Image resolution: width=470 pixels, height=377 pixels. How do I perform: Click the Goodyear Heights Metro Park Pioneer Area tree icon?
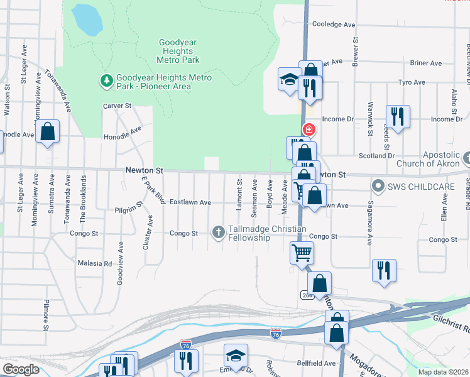[x=106, y=80]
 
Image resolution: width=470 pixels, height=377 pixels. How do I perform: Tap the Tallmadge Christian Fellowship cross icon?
[x=219, y=232]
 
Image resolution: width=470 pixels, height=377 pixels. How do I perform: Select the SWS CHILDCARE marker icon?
[x=378, y=186]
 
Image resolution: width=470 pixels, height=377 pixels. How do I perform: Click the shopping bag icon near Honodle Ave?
[x=47, y=131]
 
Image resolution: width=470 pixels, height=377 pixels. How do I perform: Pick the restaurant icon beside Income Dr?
[x=398, y=116]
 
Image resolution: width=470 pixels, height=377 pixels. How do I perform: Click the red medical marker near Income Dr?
[x=309, y=129]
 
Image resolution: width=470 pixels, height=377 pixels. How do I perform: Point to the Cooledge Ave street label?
[x=334, y=25]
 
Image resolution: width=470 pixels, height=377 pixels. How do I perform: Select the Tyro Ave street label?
[x=412, y=82]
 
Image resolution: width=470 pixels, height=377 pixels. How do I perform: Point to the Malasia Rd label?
[x=94, y=263]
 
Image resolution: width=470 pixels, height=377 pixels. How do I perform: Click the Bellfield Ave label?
[x=317, y=363]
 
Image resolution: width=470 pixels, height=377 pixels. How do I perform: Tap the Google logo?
[x=21, y=369]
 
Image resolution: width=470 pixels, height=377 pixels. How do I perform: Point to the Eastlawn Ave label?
[x=189, y=202]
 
